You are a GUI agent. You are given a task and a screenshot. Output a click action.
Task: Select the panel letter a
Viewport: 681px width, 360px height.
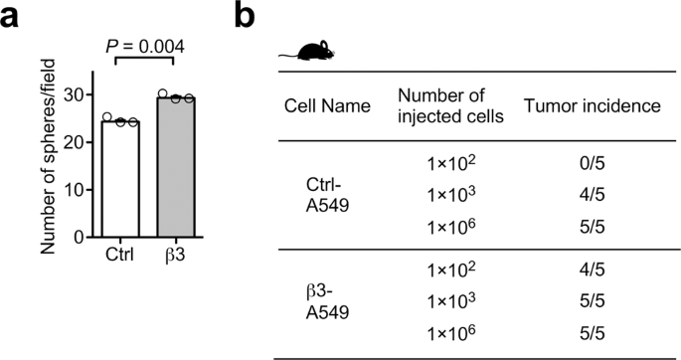tap(12, 18)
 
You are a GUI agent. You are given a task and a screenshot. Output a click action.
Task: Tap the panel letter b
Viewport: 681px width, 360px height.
tap(253, 18)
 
